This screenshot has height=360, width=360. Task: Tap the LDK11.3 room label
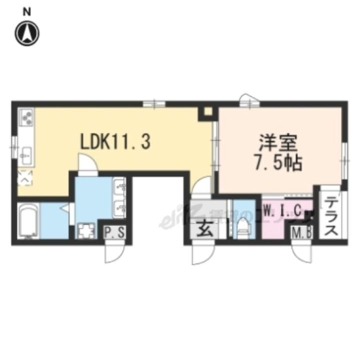[115, 142]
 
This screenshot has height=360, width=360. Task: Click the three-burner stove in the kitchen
[25, 118]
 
